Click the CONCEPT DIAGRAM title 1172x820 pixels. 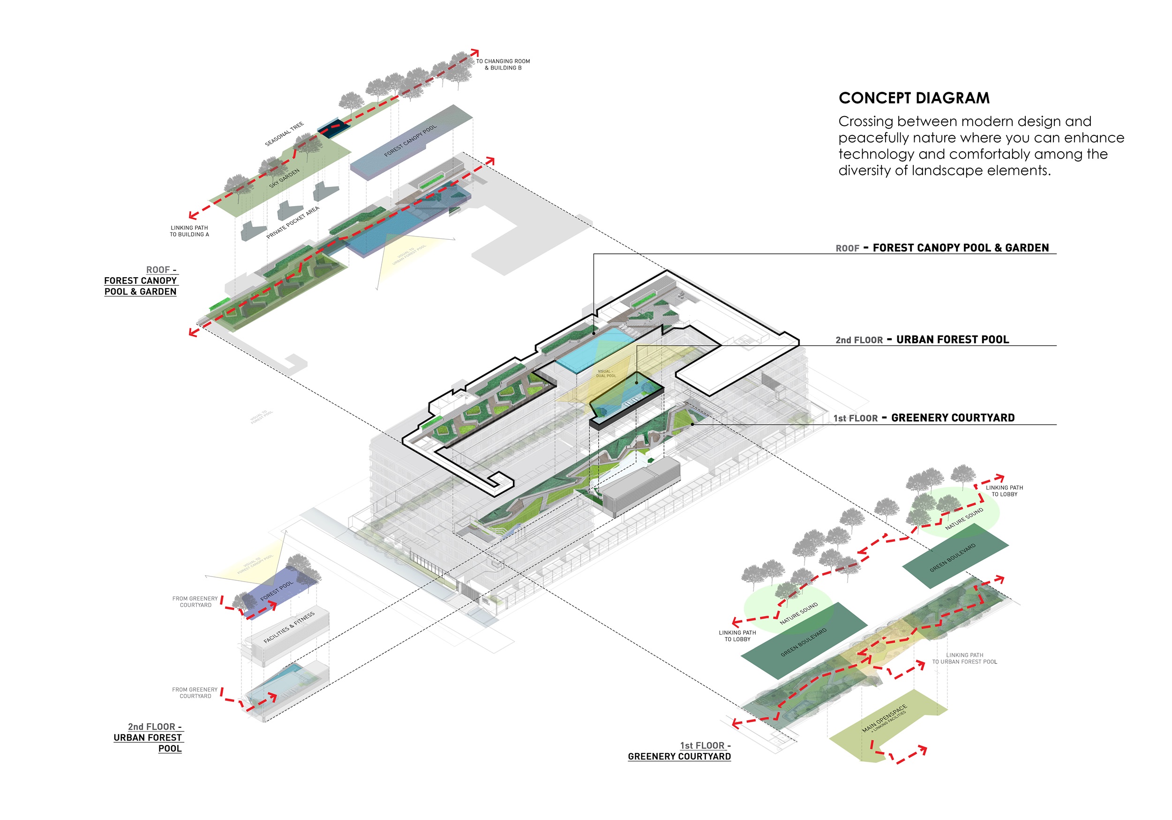[x=914, y=98]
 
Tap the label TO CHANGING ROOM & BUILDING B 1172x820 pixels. [x=503, y=64]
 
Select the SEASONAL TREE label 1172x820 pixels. [x=284, y=134]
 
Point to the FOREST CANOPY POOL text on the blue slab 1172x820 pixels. [x=410, y=140]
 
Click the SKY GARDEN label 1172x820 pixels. [x=284, y=178]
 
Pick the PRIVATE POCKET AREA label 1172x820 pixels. [x=293, y=222]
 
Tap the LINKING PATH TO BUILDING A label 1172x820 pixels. [x=189, y=231]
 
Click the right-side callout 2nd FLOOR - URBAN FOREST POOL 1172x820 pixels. [x=922, y=340]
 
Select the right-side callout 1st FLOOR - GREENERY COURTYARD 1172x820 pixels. [x=924, y=418]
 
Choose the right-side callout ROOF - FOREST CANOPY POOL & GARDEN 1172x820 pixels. [x=942, y=248]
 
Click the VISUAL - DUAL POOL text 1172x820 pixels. [x=606, y=374]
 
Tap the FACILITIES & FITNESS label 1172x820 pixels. [x=289, y=627]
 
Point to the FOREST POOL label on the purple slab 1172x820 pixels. [x=277, y=591]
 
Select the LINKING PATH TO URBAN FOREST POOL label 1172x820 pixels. [x=964, y=658]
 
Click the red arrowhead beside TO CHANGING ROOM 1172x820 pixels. [x=475, y=52]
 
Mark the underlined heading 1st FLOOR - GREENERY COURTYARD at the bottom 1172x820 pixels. [x=679, y=751]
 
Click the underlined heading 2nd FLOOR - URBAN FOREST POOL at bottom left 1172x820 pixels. [x=148, y=738]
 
